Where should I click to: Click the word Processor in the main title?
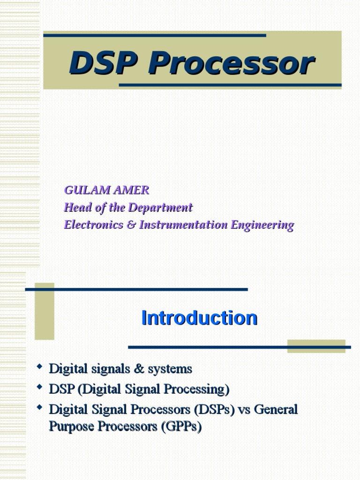click(231, 64)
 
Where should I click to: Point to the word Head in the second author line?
click(75, 207)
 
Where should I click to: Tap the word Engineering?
click(262, 225)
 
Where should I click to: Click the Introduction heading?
click(199, 318)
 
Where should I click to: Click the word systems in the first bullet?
click(170, 369)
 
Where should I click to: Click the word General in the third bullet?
click(277, 409)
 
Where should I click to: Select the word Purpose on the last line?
click(69, 427)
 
